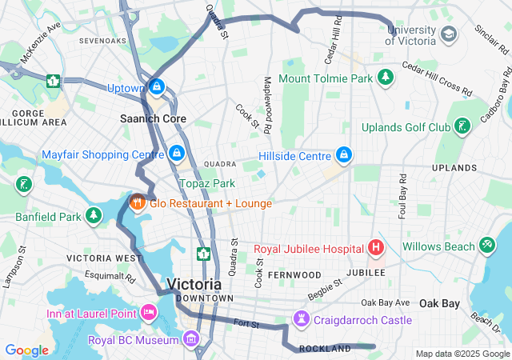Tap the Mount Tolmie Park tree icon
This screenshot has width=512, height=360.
pyautogui.click(x=386, y=78)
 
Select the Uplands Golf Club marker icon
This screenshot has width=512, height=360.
pyautogui.click(x=462, y=126)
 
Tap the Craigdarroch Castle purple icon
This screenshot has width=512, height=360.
pyautogui.click(x=301, y=318)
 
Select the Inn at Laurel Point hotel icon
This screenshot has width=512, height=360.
pyautogui.click(x=147, y=312)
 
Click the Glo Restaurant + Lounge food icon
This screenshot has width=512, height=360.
pyautogui.click(x=137, y=202)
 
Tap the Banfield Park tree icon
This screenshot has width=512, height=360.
pyautogui.click(x=94, y=215)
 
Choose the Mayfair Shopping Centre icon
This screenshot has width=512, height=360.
pyautogui.click(x=177, y=152)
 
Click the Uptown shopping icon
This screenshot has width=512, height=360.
pyautogui.click(x=157, y=86)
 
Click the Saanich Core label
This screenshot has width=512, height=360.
pyautogui.click(x=153, y=118)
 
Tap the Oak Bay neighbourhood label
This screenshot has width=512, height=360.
pyautogui.click(x=440, y=303)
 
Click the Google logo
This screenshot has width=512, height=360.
pyautogui.click(x=26, y=350)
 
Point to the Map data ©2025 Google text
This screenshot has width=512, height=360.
pyautogui.click(x=462, y=354)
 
